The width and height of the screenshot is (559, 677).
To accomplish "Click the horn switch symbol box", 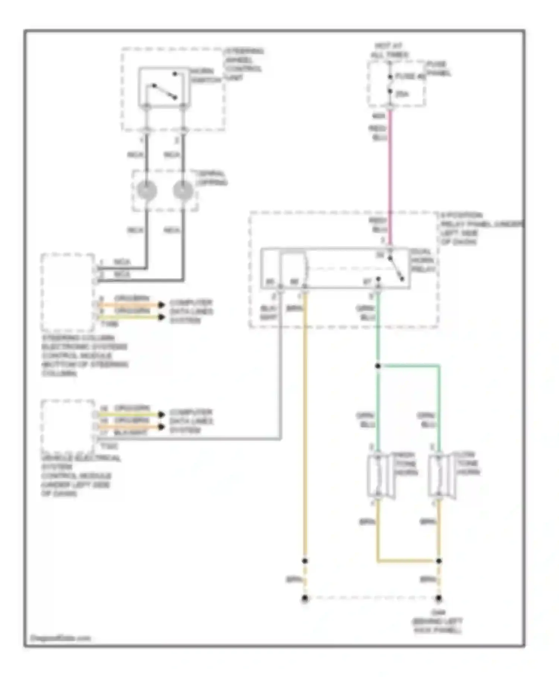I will pyautogui.click(x=164, y=87).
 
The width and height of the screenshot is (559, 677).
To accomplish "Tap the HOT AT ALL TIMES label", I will pyautogui.click(x=389, y=50).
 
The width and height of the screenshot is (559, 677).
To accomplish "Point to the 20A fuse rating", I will pyautogui.click(x=402, y=94).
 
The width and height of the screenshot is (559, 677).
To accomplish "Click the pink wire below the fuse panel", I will pyautogui.click(x=390, y=168).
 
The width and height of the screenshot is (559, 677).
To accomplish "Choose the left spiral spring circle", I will pyautogui.click(x=147, y=190).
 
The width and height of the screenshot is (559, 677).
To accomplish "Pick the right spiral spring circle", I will pyautogui.click(x=183, y=190).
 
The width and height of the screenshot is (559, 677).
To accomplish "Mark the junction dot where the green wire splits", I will pyautogui.click(x=378, y=366).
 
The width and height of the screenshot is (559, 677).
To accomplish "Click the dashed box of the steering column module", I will pyautogui.click(x=67, y=292).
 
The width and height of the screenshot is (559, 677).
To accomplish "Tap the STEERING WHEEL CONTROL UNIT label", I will pyautogui.click(x=244, y=64).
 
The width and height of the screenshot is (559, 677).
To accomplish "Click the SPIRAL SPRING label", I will pyautogui.click(x=211, y=178).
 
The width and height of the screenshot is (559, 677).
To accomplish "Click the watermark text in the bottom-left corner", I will pyautogui.click(x=60, y=638).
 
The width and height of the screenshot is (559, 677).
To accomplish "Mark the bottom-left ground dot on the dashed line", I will pyautogui.click(x=305, y=598).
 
